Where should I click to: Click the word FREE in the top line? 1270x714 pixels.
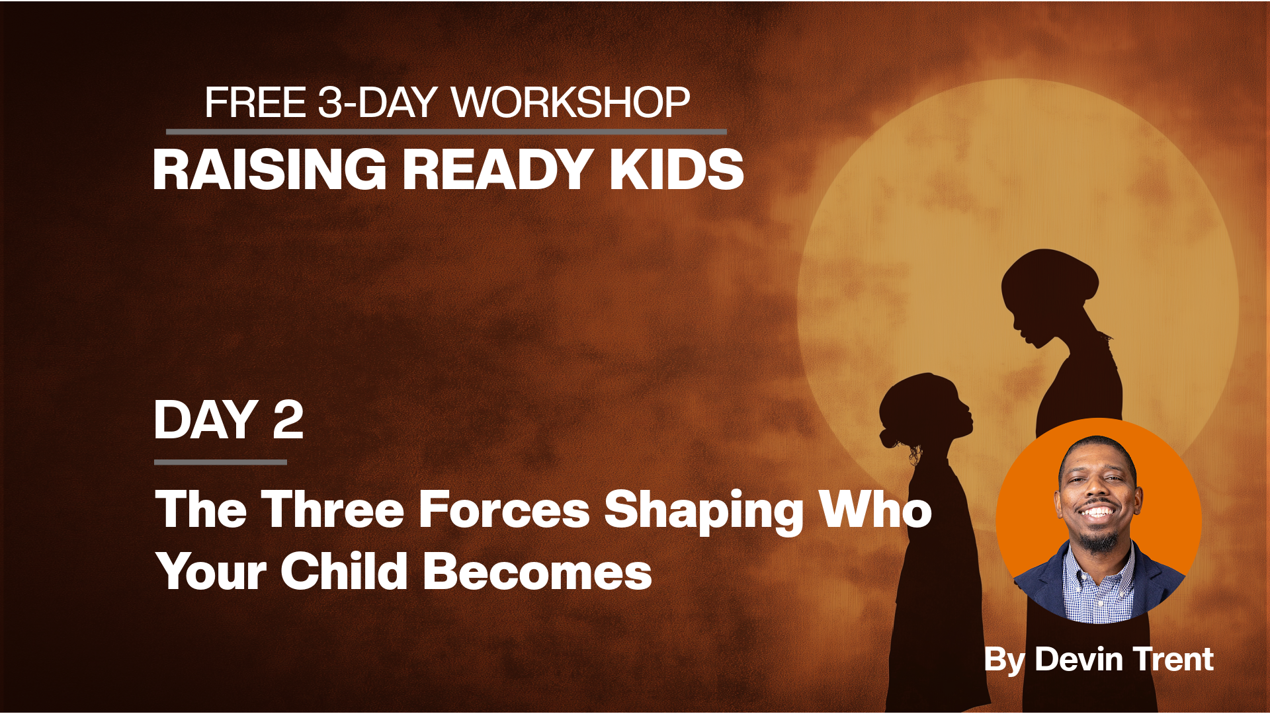tap(255, 102)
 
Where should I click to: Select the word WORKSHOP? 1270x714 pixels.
tap(571, 102)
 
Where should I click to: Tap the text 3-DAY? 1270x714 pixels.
tap(378, 102)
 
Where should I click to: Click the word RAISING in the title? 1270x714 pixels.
tap(270, 169)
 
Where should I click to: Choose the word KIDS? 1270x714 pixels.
tap(677, 169)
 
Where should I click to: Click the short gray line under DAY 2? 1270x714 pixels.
tap(220, 462)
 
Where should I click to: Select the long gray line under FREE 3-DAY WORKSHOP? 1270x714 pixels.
tap(446, 132)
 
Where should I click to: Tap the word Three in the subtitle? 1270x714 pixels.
tap(332, 510)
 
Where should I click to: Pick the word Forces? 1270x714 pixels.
tap(504, 510)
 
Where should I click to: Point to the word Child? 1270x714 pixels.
tap(344, 571)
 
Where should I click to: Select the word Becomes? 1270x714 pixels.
tap(538, 571)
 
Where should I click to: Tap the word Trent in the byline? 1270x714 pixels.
tap(1173, 659)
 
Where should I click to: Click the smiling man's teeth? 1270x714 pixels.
tap(1098, 512)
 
